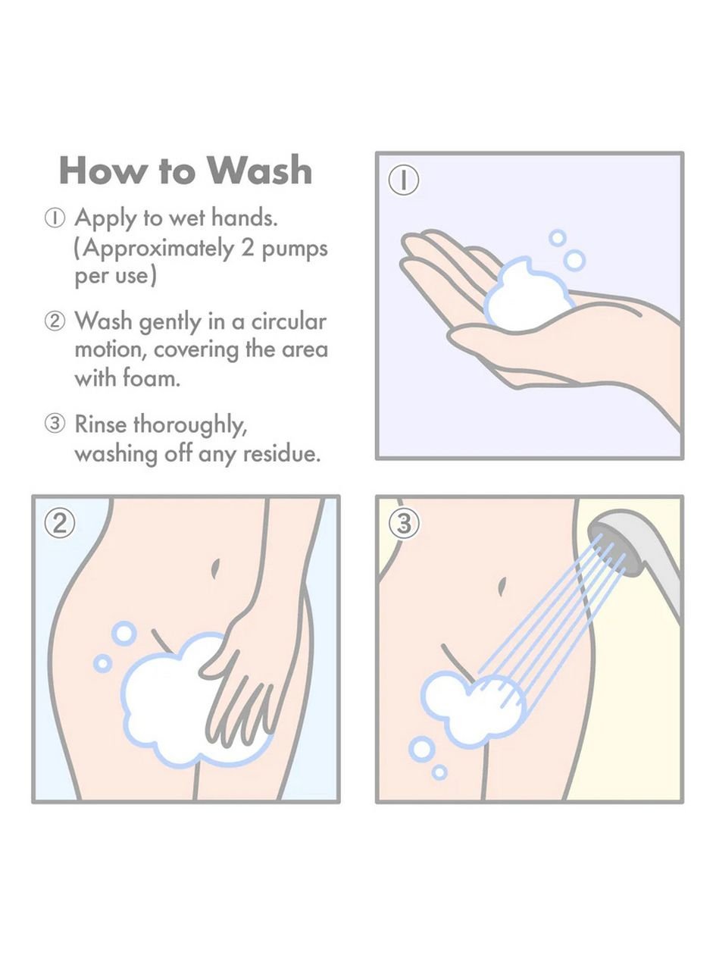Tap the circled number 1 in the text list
click(x=55, y=218)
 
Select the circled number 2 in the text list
click(x=55, y=321)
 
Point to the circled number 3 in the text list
click(x=55, y=424)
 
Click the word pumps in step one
click(x=294, y=249)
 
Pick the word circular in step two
click(x=289, y=321)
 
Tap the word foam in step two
click(x=151, y=377)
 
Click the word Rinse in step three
click(x=102, y=424)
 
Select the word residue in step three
click(x=281, y=454)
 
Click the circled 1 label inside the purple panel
click(x=403, y=180)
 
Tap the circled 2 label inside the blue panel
click(x=60, y=524)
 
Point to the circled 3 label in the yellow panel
click(x=403, y=524)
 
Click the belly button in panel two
click(x=215, y=568)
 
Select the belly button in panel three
click(x=502, y=586)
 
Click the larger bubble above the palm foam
click(x=574, y=261)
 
